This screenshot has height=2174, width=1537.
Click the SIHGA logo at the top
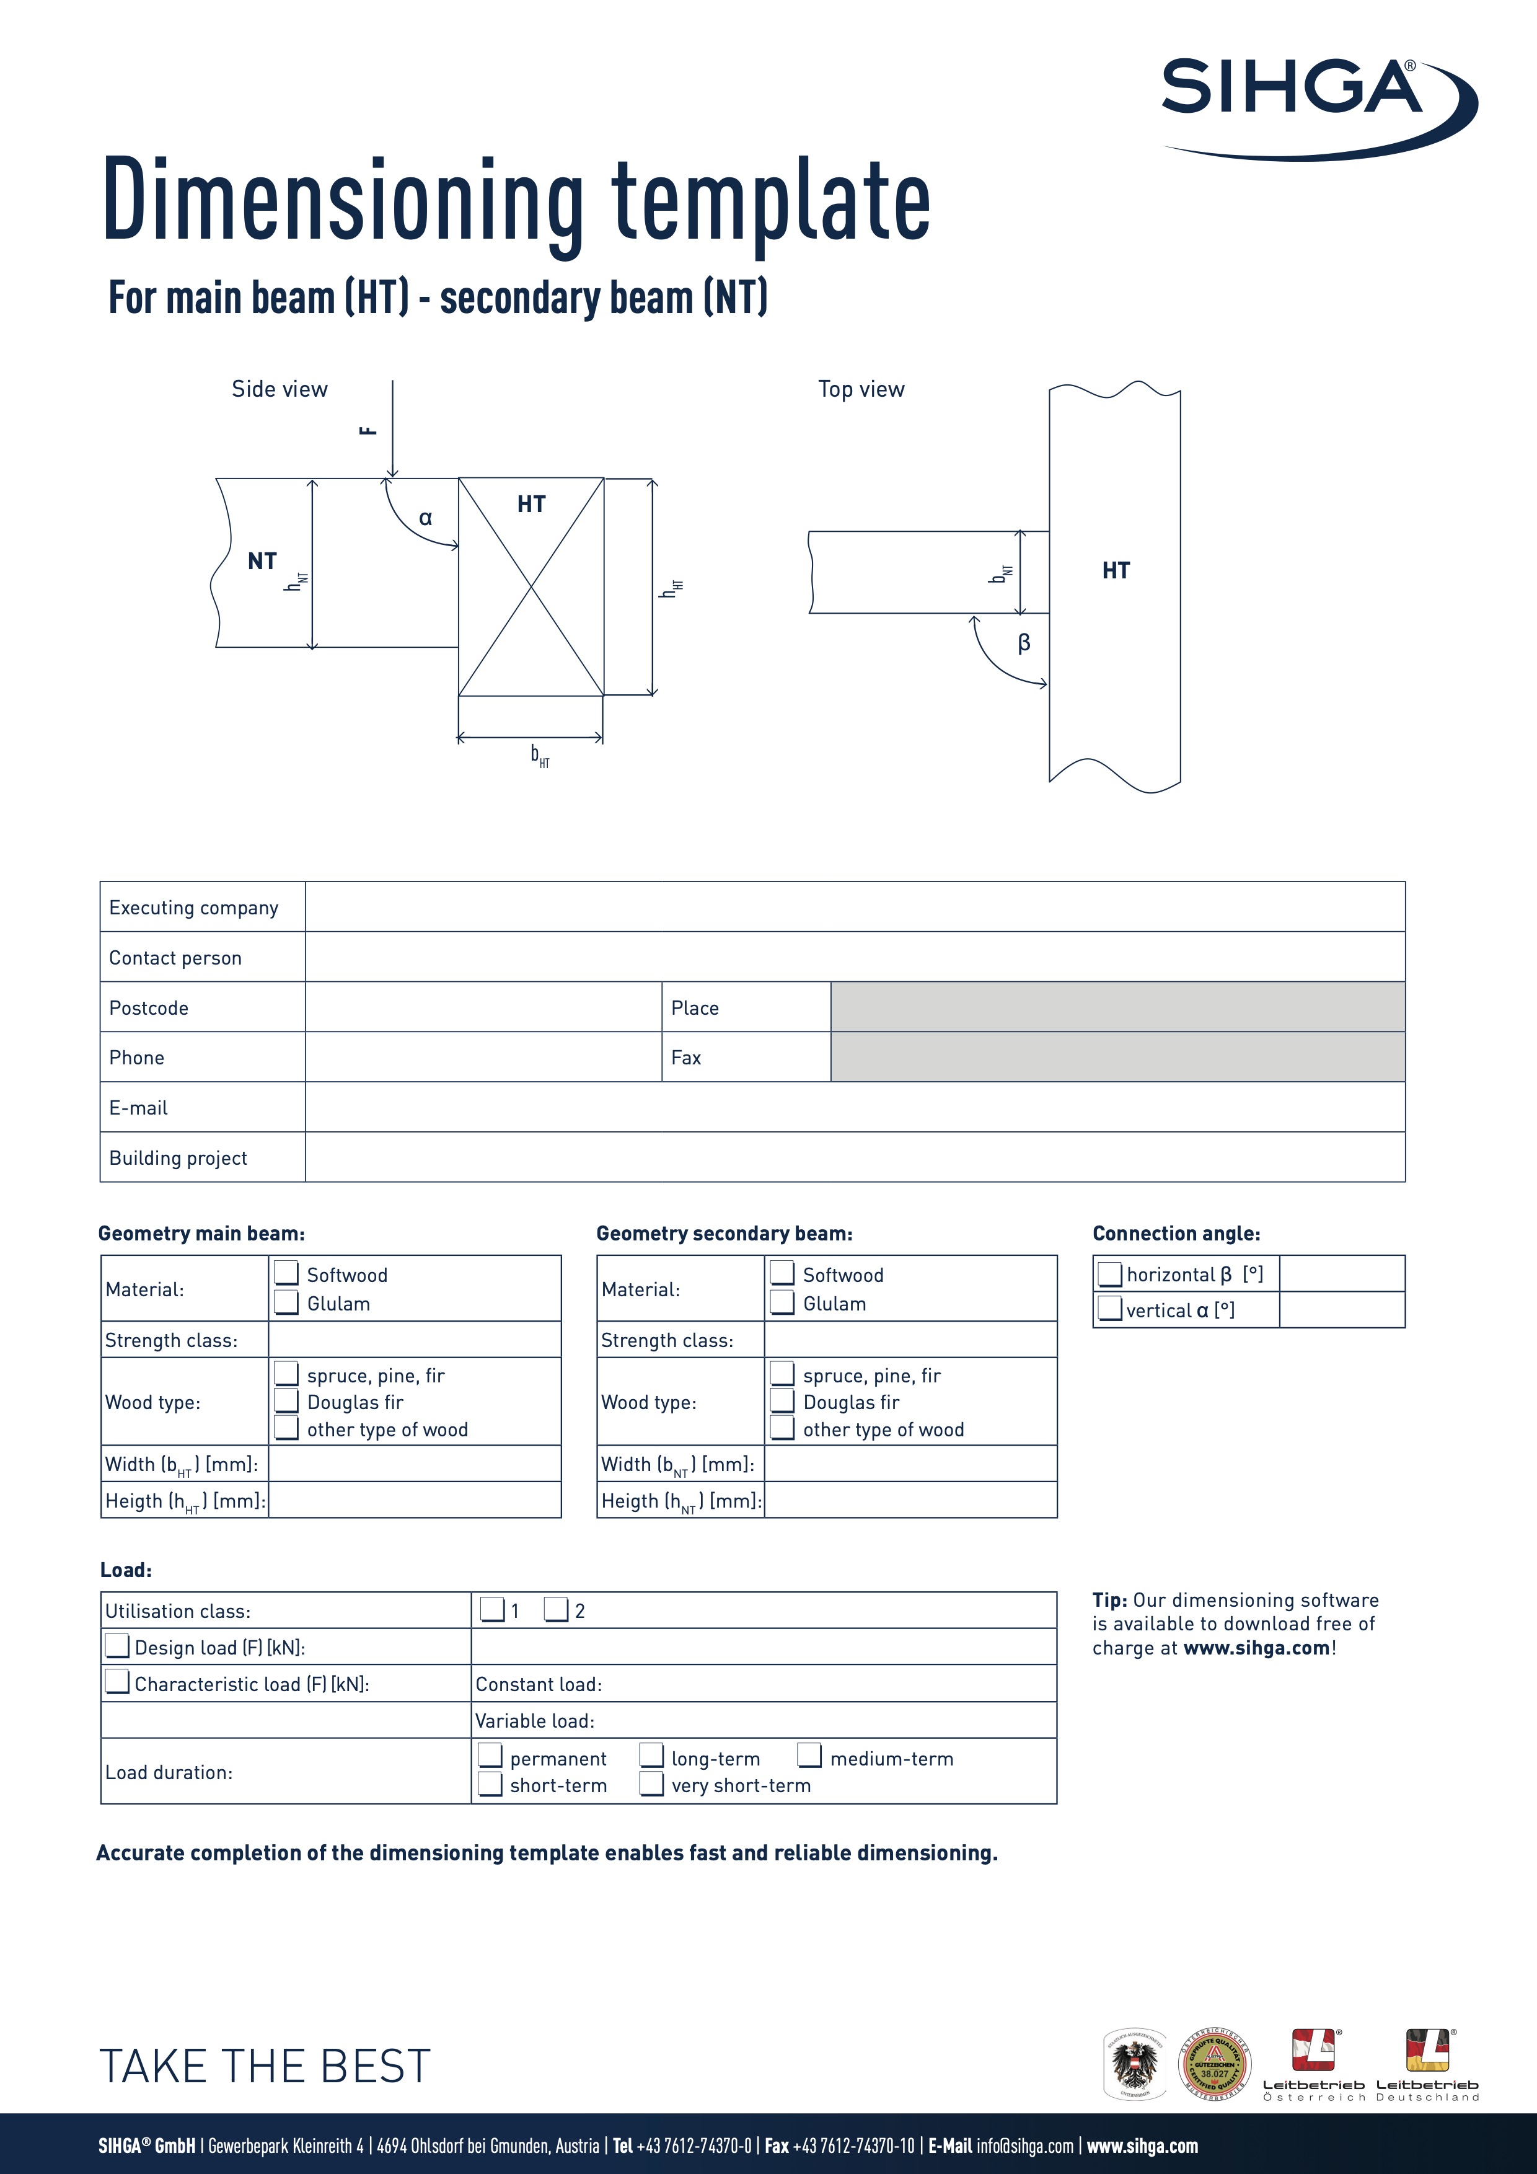click(1316, 104)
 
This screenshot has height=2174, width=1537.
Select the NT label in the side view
click(262, 562)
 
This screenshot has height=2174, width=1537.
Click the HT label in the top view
click(1116, 571)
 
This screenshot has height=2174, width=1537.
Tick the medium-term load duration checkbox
click(809, 1756)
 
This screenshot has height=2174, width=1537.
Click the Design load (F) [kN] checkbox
click(117, 1646)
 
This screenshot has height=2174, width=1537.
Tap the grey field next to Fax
click(1117, 1057)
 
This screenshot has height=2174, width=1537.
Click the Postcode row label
click(149, 1007)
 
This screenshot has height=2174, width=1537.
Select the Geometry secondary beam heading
click(724, 1233)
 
